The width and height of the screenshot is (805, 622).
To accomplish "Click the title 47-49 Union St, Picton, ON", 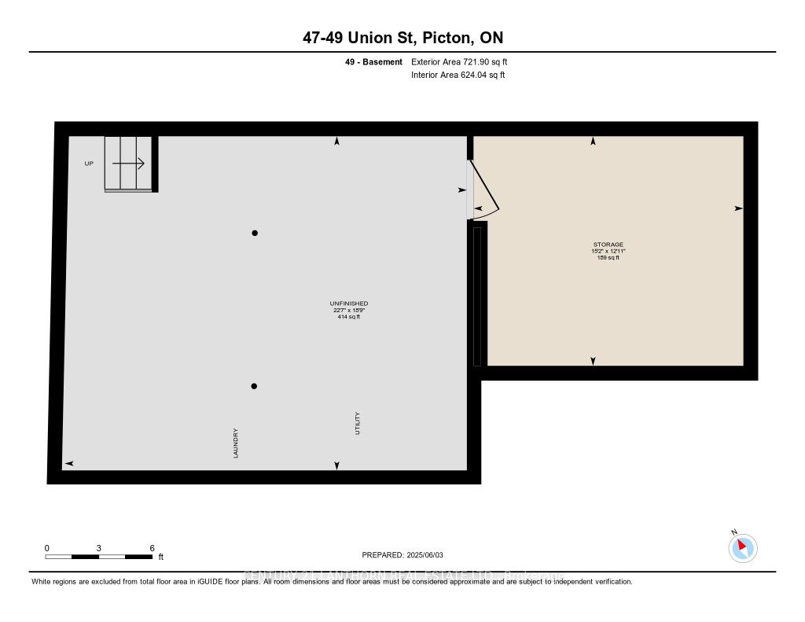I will [x=402, y=39].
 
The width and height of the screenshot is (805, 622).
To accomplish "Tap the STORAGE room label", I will [x=608, y=245].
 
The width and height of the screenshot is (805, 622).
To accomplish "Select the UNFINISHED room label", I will [x=349, y=304].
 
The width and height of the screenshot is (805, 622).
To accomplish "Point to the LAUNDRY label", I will [x=235, y=443].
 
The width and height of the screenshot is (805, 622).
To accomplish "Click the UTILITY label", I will [x=357, y=423].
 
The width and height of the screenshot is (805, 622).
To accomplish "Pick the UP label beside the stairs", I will [x=89, y=164].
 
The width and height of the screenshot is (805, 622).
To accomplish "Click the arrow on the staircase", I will [x=129, y=164].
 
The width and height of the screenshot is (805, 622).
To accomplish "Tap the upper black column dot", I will [x=255, y=233].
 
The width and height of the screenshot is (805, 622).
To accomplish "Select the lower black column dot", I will [x=255, y=386].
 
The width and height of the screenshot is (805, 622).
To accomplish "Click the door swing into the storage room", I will [x=485, y=192].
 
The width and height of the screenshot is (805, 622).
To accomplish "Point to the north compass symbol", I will [x=743, y=547].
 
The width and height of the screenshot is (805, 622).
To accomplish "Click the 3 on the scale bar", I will [x=99, y=547].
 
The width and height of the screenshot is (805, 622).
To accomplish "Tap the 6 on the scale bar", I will [x=152, y=547].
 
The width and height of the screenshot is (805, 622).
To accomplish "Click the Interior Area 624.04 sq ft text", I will [x=458, y=75].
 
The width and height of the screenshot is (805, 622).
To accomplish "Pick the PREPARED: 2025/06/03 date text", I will [x=402, y=554].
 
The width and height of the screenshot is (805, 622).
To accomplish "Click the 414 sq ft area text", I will [x=349, y=317].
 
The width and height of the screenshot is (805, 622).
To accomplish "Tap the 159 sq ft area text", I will [x=608, y=257].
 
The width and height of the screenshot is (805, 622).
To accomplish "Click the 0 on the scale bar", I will [x=47, y=547].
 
